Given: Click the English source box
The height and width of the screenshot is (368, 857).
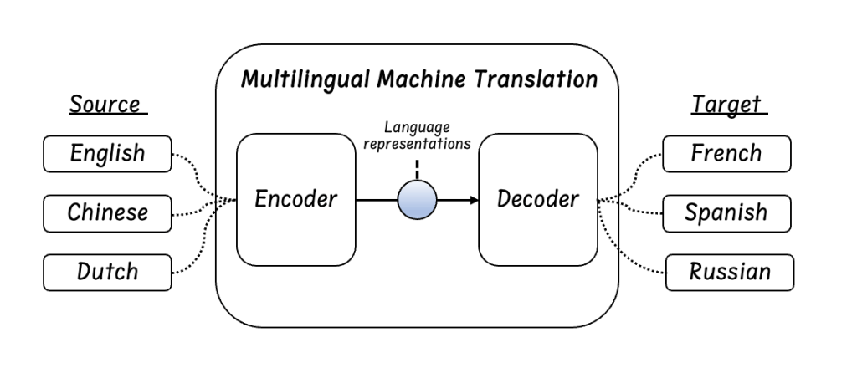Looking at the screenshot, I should (107, 154).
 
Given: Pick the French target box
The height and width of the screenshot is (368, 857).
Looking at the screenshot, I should (726, 154).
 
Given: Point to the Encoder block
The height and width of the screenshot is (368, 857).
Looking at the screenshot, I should (297, 200).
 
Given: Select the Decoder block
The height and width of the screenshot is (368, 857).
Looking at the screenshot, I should (538, 200).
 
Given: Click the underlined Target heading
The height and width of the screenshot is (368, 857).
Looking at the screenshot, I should (727, 105).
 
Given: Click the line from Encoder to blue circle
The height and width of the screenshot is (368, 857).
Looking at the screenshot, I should (377, 201).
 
